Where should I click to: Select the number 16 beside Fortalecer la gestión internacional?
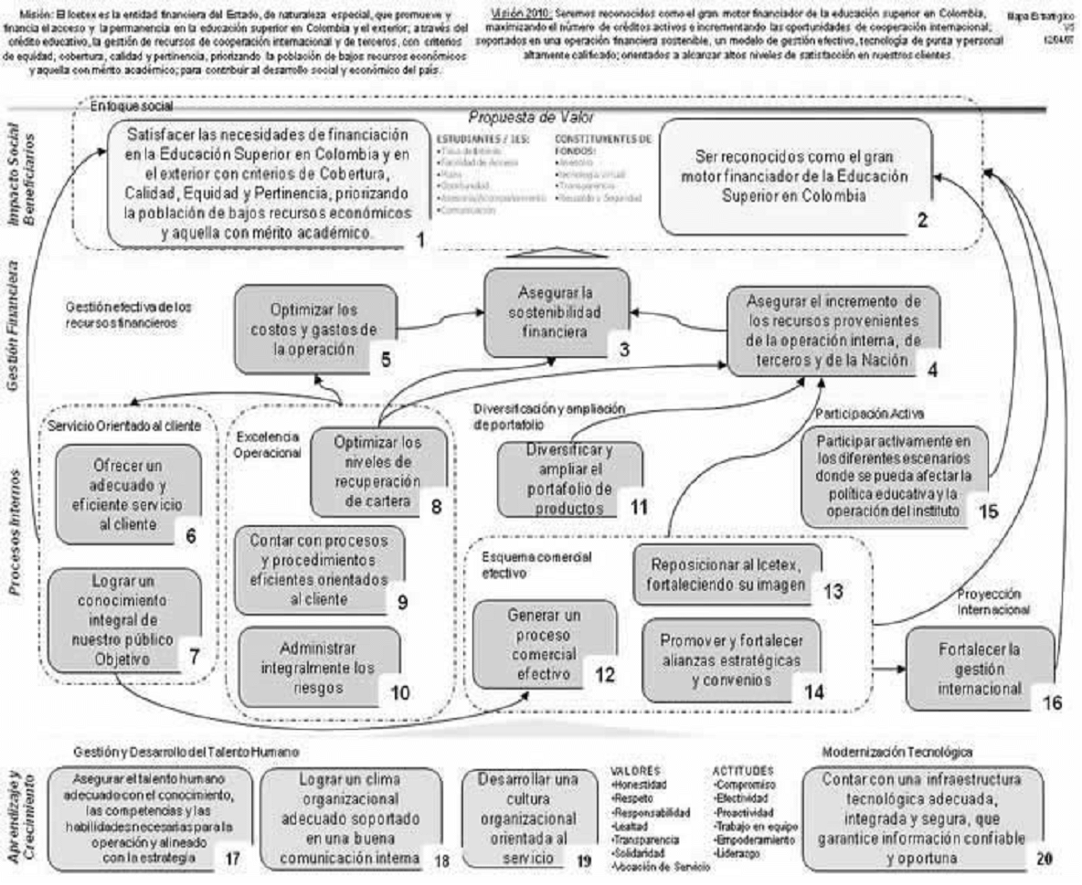tap(1053, 704)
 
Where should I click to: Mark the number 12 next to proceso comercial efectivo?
tap(603, 677)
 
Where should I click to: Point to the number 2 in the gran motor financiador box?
tap(924, 219)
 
